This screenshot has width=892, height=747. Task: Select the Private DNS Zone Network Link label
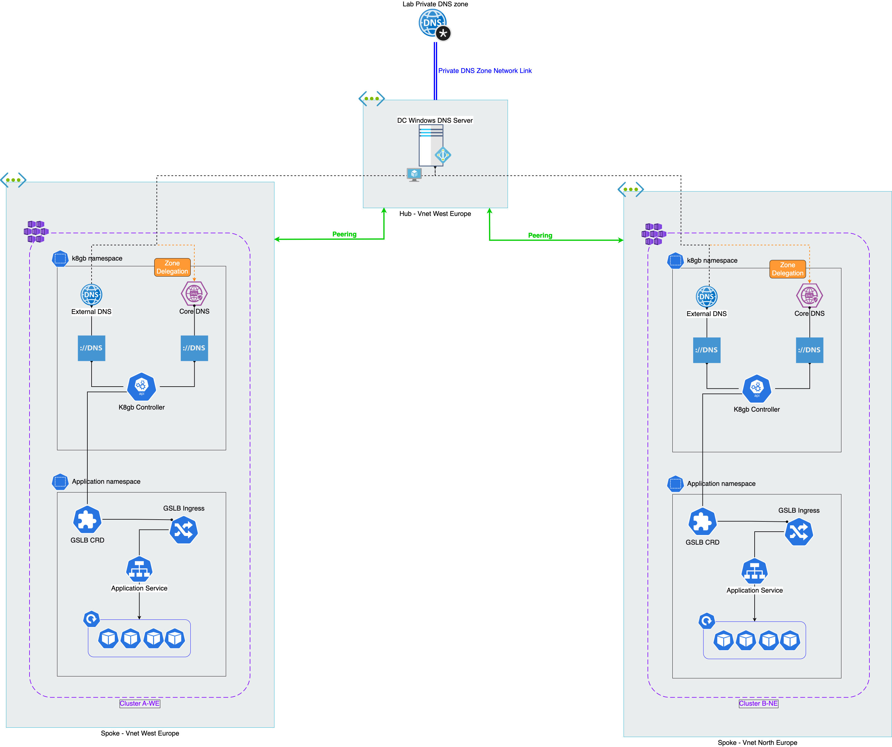pyautogui.click(x=485, y=71)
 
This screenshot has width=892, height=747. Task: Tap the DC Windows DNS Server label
pyautogui.click(x=434, y=120)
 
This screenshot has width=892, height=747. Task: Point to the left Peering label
pyautogui.click(x=344, y=234)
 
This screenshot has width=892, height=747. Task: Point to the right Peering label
pyautogui.click(x=540, y=236)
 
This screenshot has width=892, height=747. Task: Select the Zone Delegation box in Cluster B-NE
pyautogui.click(x=787, y=269)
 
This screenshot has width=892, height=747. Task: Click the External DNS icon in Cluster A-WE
pyautogui.click(x=91, y=295)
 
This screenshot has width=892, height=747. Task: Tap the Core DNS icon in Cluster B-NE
pyautogui.click(x=809, y=296)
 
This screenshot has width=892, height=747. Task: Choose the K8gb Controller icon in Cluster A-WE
pyautogui.click(x=142, y=386)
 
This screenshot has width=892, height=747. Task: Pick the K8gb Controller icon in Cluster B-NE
pyautogui.click(x=756, y=388)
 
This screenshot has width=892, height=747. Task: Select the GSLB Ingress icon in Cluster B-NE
pyautogui.click(x=799, y=532)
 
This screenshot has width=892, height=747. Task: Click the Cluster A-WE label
pyautogui.click(x=139, y=704)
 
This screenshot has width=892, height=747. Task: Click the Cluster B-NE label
pyautogui.click(x=758, y=704)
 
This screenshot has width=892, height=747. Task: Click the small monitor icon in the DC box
pyautogui.click(x=414, y=174)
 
